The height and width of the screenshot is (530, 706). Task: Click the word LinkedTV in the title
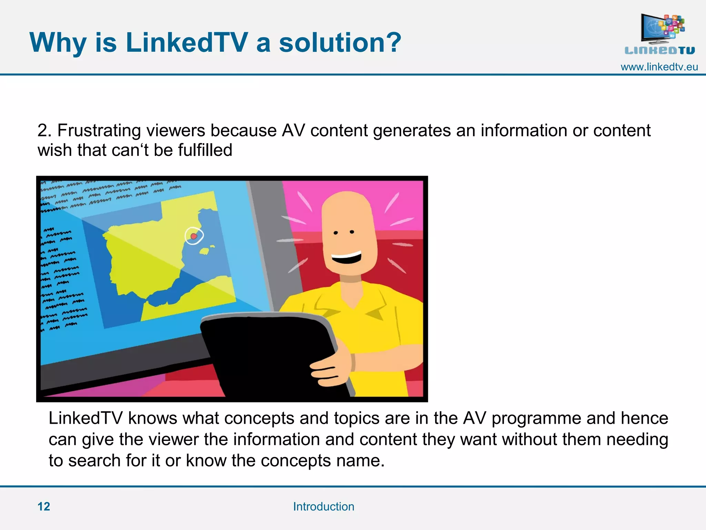click(186, 43)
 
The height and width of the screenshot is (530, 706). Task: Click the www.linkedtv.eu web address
click(659, 67)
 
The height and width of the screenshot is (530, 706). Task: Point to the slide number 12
click(44, 507)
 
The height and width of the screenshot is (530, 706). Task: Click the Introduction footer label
click(324, 507)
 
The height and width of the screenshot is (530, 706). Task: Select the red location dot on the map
click(194, 236)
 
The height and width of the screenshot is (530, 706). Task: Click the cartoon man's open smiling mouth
click(346, 257)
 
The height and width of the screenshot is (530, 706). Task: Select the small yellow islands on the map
click(206, 250)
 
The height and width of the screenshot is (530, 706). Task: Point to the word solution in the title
click(340, 43)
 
